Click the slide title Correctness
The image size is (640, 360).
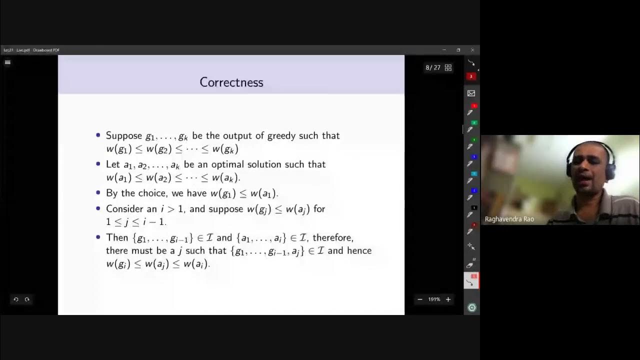click(x=231, y=82)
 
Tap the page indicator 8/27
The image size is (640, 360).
click(x=433, y=67)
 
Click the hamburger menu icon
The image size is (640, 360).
click(x=7, y=62)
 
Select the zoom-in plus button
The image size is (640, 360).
click(x=448, y=299)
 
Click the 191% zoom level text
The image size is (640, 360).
click(x=434, y=299)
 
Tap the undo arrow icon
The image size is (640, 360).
click(x=16, y=299)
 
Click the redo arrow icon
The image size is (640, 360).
click(x=27, y=299)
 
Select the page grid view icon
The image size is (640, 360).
click(x=448, y=67)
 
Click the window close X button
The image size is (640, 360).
click(x=472, y=50)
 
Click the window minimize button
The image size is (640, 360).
click(x=444, y=50)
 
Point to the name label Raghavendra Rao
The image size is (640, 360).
click(x=509, y=219)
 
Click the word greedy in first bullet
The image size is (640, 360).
click(x=281, y=135)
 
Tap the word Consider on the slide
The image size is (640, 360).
click(x=124, y=208)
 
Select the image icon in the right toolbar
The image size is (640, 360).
click(x=471, y=93)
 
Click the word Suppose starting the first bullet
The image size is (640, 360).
click(x=124, y=135)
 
